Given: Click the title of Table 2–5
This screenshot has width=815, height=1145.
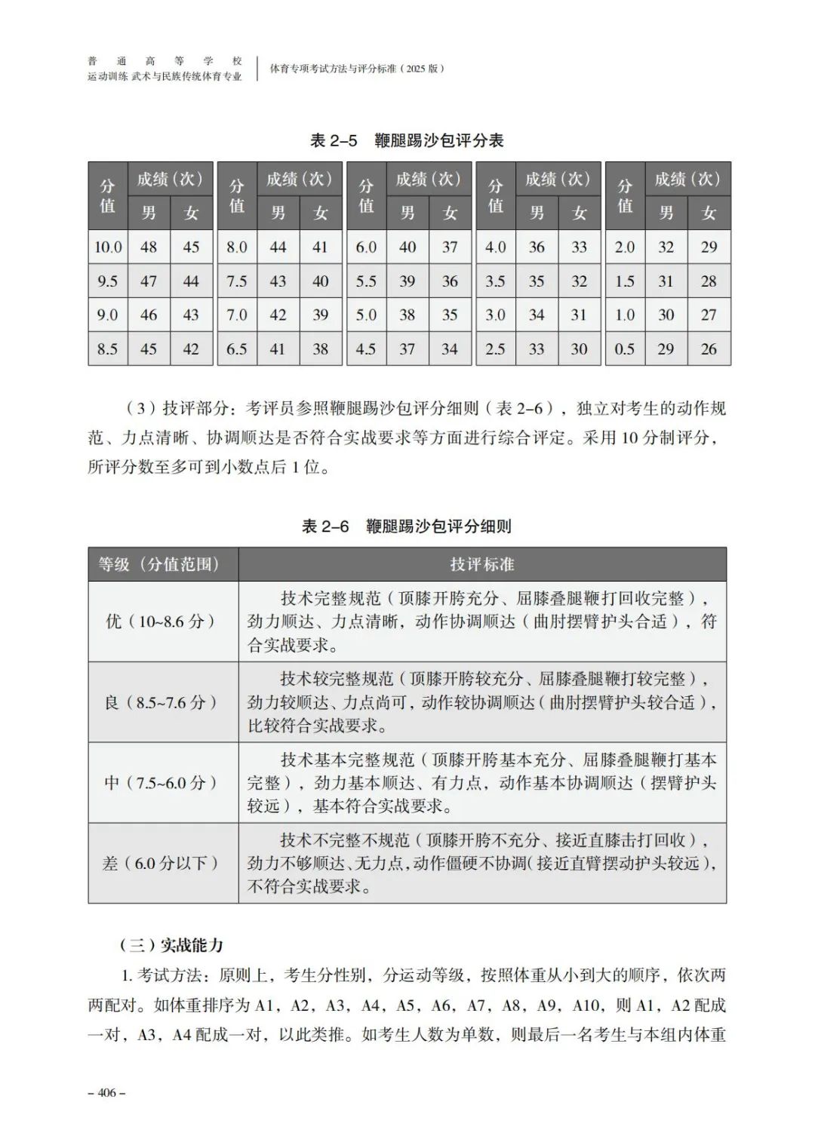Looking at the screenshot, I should click(407, 141).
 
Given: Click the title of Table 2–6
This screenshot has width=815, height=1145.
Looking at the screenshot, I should click(407, 526).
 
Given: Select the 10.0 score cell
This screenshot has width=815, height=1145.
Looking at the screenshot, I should click(108, 247).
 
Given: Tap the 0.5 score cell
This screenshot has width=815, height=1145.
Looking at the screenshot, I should click(625, 348).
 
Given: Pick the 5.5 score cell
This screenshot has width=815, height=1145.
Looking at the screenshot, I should click(366, 281).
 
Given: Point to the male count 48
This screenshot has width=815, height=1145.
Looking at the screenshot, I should click(149, 247).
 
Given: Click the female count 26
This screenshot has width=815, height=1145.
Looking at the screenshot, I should click(709, 348).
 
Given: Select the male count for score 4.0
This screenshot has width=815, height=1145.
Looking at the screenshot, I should click(537, 247).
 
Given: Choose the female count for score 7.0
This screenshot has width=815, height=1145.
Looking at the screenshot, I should click(321, 315).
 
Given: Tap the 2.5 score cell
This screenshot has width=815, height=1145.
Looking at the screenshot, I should click(495, 348).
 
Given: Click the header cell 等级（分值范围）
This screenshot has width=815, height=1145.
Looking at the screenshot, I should click(163, 564).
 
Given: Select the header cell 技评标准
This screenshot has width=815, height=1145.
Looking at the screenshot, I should click(482, 564).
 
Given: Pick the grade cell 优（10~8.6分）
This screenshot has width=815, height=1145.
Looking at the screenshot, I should click(163, 622).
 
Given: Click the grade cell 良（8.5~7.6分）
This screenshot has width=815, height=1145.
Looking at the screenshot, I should click(163, 702).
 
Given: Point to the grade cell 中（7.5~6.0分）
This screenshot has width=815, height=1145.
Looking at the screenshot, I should click(163, 782).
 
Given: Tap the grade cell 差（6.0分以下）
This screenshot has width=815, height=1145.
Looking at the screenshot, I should click(163, 863).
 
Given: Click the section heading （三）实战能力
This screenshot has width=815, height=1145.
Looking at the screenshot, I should click(171, 945).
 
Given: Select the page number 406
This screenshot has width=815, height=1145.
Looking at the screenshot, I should click(106, 1092).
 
